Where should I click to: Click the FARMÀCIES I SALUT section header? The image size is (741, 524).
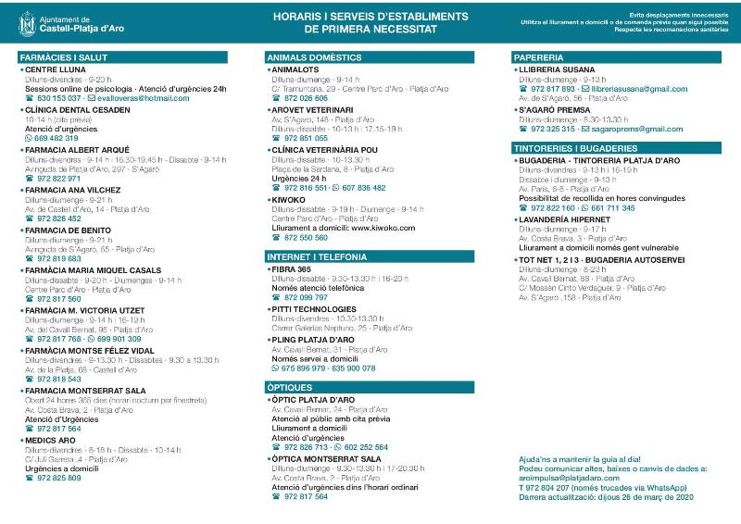click(x=57, y=57)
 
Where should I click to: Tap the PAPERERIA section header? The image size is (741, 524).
click(x=538, y=57)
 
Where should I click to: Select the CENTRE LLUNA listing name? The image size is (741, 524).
click(x=55, y=69)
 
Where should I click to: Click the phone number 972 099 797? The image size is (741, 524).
click(x=306, y=297)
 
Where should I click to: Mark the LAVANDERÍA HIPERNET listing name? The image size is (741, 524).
click(x=565, y=219)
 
